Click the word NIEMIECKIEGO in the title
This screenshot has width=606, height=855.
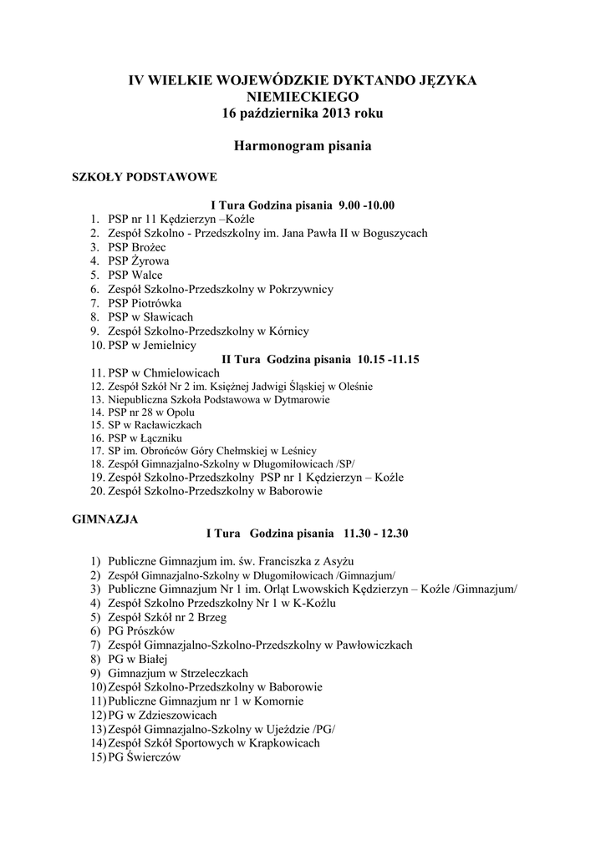pyautogui.click(x=303, y=97)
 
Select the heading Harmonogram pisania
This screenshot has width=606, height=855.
pyautogui.click(x=302, y=145)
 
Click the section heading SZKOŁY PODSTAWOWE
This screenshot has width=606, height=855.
pyautogui.click(x=145, y=177)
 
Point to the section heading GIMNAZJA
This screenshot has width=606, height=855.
pyautogui.click(x=106, y=519)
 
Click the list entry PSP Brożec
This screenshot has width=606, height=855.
pyautogui.click(x=137, y=248)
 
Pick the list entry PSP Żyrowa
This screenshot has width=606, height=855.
pyautogui.click(x=138, y=261)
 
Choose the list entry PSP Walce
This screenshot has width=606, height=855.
pyautogui.click(x=135, y=275)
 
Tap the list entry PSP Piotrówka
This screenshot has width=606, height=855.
pyautogui.click(x=145, y=303)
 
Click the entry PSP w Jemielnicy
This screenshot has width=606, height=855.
pyautogui.click(x=151, y=345)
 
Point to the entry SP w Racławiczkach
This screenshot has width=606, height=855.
pyautogui.click(x=155, y=425)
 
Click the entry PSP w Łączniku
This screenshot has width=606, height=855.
pyautogui.click(x=145, y=438)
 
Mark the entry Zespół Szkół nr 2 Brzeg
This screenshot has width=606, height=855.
pyautogui.click(x=167, y=618)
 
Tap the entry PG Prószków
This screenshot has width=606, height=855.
pyautogui.click(x=141, y=631)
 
